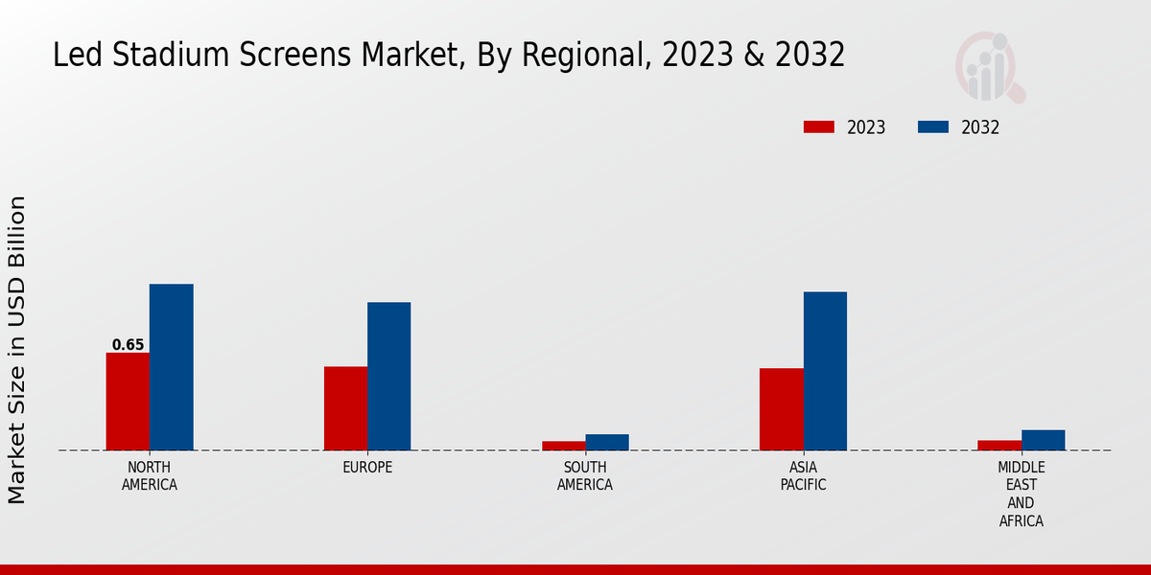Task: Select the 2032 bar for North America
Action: [171, 367]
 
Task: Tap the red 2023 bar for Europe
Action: [345, 408]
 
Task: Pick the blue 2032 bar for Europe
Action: [388, 376]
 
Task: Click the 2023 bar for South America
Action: [563, 446]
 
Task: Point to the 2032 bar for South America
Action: [607, 442]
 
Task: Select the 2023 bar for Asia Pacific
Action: [781, 409]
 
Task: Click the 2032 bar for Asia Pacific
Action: [825, 371]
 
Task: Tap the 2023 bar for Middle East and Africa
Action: [998, 445]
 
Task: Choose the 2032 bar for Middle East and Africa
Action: [1043, 440]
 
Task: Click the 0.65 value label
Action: [128, 345]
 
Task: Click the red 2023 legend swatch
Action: [818, 127]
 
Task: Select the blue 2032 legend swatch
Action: [933, 127]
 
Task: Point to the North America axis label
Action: [150, 476]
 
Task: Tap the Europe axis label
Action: [367, 468]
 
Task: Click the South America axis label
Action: [585, 476]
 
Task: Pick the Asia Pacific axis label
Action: [803, 476]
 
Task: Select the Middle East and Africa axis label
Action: [1021, 494]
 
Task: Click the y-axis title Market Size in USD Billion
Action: [18, 350]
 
